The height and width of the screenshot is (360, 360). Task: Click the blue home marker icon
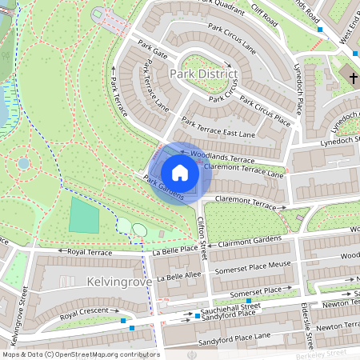[x=180, y=173]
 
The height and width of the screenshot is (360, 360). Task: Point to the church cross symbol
[x=352, y=77]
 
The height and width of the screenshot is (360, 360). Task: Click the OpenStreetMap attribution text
[x=81, y=354]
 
